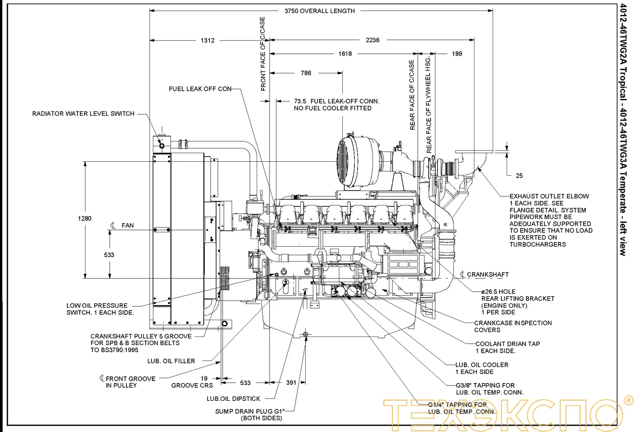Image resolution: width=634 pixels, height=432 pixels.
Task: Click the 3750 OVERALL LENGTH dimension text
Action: point(319,11)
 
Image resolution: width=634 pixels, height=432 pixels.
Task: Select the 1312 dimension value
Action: point(208,40)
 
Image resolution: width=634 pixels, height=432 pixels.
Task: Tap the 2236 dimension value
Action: point(373,40)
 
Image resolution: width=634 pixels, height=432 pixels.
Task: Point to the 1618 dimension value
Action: point(345,54)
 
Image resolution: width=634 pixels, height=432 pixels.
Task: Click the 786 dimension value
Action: point(306,73)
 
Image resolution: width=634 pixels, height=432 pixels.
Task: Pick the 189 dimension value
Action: point(457,54)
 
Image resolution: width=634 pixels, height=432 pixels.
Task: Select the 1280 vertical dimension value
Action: point(85,219)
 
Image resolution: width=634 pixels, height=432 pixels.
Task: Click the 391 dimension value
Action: point(291,383)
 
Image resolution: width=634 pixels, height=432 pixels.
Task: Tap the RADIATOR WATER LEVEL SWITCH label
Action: point(83,114)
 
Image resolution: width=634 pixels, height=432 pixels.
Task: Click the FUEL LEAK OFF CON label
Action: point(200,89)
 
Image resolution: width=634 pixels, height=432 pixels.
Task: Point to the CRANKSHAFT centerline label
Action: point(487,275)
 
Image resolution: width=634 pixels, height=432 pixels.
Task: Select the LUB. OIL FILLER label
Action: point(171,361)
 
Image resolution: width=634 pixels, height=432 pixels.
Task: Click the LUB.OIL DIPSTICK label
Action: point(234,398)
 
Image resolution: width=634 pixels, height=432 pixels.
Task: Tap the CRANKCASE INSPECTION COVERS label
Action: point(513,326)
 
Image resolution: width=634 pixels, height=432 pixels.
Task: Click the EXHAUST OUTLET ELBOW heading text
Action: point(549,196)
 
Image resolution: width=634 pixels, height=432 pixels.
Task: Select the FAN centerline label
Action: point(127,226)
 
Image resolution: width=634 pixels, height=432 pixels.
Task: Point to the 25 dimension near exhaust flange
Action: point(519,176)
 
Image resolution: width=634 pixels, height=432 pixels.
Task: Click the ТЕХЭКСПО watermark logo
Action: point(505,412)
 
